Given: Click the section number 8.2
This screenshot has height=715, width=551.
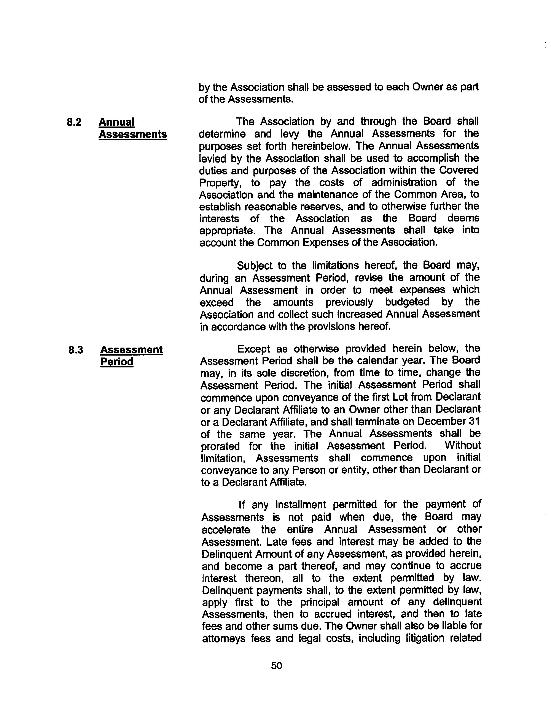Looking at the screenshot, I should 74,122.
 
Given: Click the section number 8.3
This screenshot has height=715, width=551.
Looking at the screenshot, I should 75,350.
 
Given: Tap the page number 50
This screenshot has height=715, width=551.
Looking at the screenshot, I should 276,665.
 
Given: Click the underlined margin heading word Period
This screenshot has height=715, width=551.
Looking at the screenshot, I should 117,362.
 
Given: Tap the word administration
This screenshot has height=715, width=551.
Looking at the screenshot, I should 404,182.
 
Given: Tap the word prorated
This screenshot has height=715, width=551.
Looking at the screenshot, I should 220,446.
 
